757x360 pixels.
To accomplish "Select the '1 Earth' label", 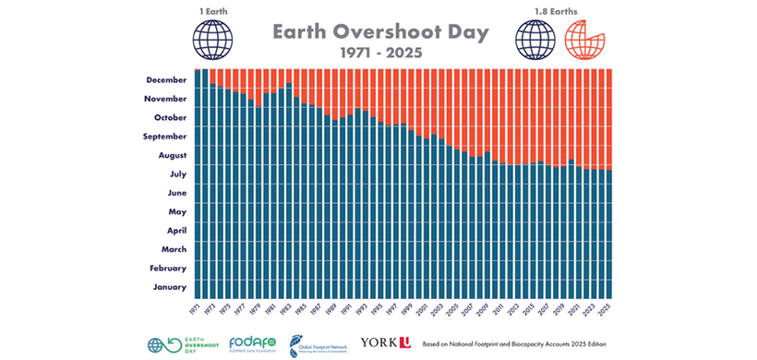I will pos(212,10).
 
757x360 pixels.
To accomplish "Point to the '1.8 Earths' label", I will pos(537,10).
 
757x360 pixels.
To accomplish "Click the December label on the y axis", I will pos(167,79).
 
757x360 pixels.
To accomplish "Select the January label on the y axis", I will pos(171,287).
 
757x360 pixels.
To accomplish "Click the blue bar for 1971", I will pos(198,185).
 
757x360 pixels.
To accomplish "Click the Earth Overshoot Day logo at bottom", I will pos(179,344).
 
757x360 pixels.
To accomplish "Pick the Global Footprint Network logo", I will pos(318,344).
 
